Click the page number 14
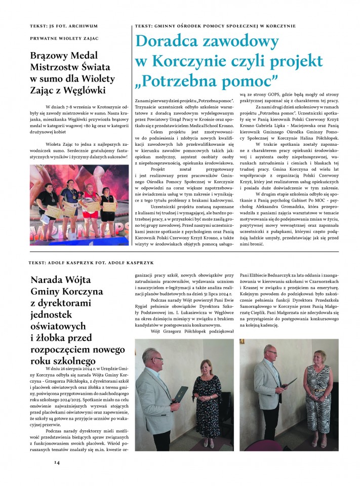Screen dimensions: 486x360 point(57,463)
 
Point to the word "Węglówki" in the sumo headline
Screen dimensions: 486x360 point(94,90)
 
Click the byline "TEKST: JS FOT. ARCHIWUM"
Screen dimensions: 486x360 point(63,26)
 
